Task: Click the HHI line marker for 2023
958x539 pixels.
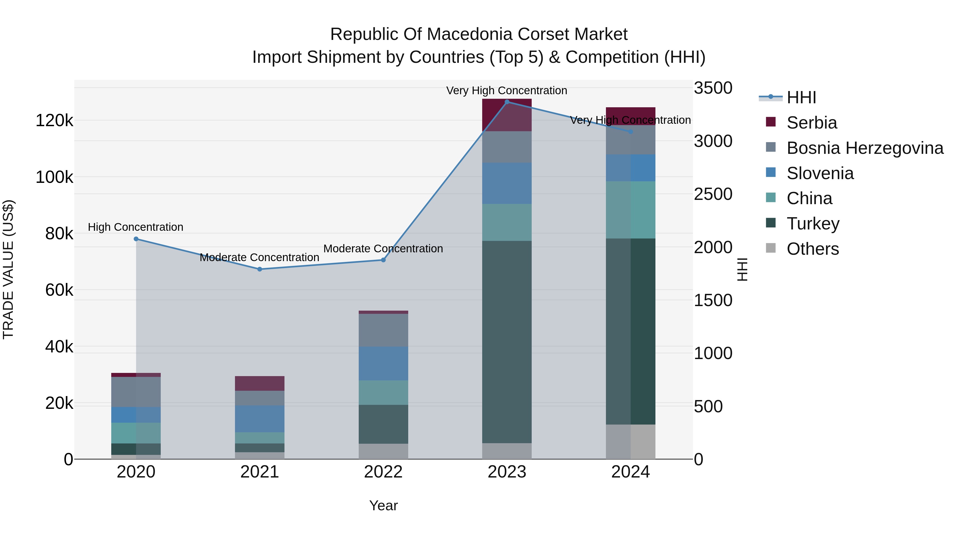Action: tap(507, 102)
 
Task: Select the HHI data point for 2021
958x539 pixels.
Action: tap(259, 269)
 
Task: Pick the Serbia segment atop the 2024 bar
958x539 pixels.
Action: tap(630, 116)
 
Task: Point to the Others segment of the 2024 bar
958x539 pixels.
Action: tap(630, 442)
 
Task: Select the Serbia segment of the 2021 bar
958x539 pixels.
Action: tap(259, 383)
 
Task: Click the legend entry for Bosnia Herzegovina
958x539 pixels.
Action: tap(865, 148)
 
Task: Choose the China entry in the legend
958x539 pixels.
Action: tap(809, 198)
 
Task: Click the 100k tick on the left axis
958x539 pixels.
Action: tap(54, 177)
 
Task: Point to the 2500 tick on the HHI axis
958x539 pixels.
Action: tap(713, 194)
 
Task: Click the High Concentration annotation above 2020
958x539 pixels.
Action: tap(135, 227)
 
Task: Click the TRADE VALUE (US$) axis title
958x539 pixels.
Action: tap(8, 269)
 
